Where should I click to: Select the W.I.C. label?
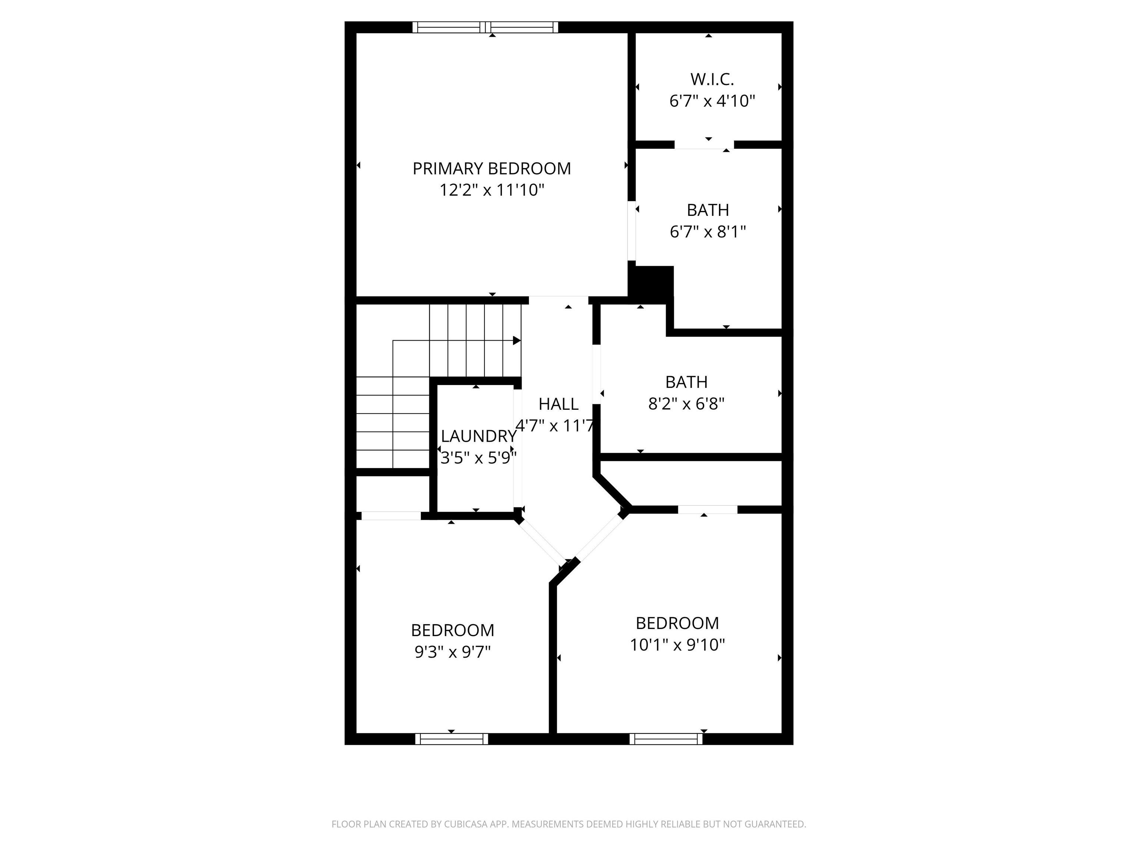[x=712, y=79]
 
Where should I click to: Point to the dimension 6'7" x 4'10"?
[x=712, y=101]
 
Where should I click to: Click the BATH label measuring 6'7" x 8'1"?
[x=708, y=210]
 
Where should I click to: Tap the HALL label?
[x=558, y=404]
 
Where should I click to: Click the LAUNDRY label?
[x=479, y=436]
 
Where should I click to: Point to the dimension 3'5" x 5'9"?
[x=479, y=458]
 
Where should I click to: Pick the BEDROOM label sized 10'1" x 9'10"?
[x=677, y=623]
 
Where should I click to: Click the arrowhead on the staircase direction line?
[x=516, y=340]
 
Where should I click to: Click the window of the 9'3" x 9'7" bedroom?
[x=451, y=739]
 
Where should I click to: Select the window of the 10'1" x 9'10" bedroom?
[x=666, y=739]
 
